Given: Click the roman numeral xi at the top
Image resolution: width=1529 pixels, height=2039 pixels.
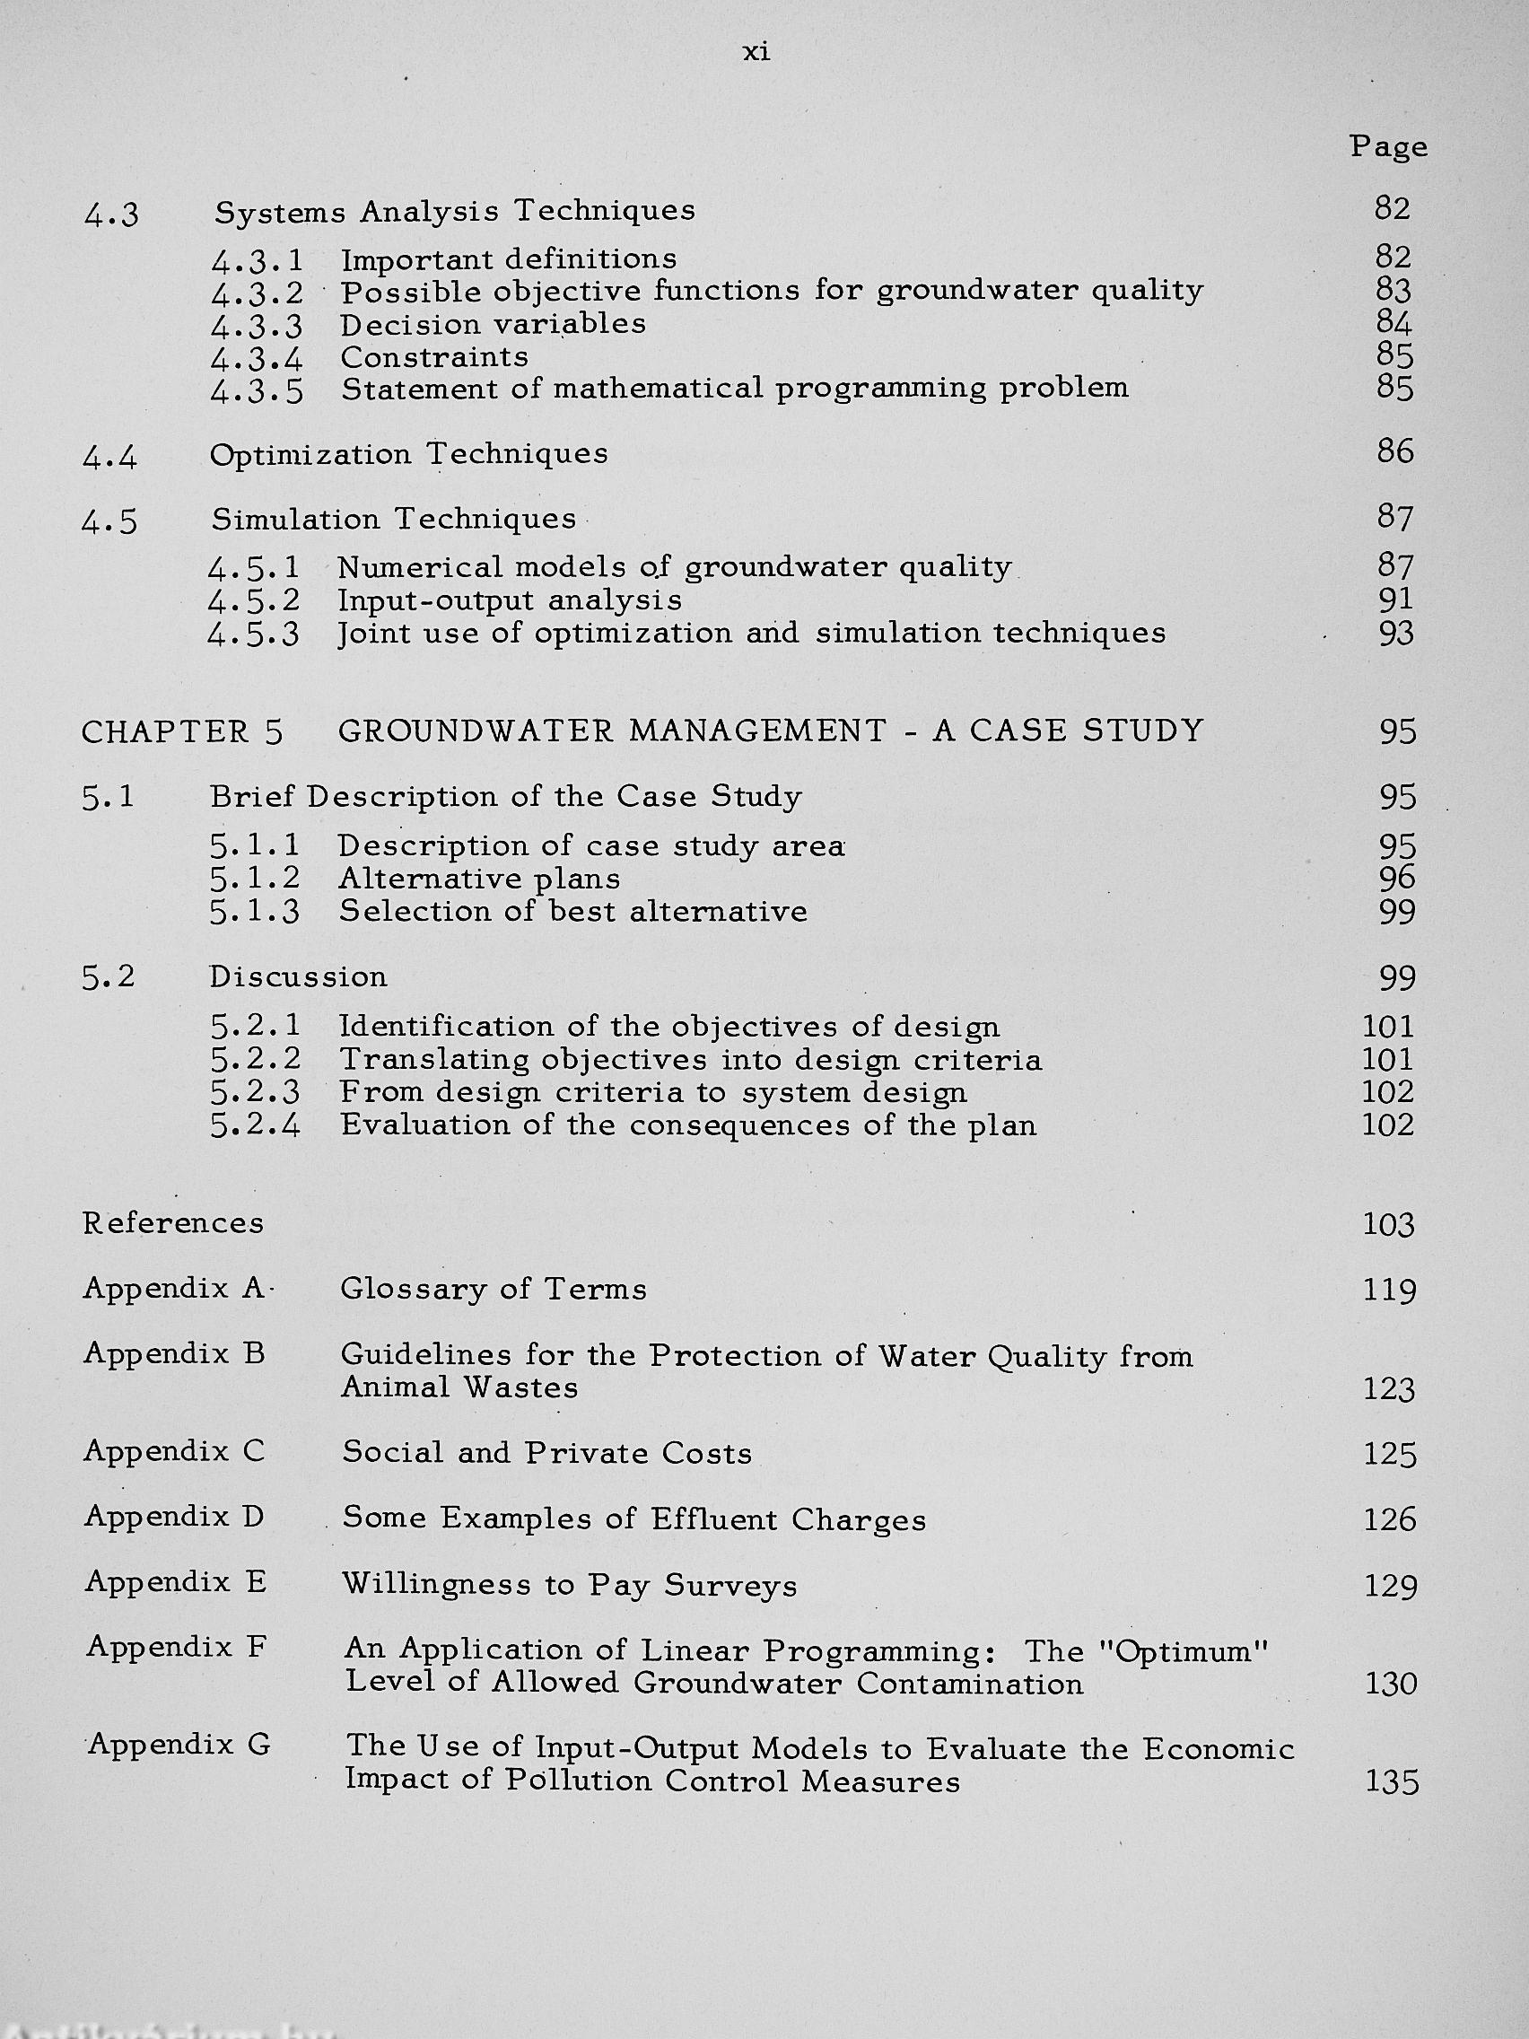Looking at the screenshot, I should pos(756,54).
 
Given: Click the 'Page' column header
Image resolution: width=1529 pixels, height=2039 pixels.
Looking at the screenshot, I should pos(1389,146).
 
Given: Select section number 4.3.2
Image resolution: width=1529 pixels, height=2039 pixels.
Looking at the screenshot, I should pos(258,294).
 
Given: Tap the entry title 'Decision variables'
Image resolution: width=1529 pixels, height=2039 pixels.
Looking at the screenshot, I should pos(494,325).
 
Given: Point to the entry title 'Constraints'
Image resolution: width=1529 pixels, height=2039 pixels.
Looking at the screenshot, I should pos(434,356).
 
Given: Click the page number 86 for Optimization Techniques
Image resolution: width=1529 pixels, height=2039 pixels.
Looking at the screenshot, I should pos(1394,451).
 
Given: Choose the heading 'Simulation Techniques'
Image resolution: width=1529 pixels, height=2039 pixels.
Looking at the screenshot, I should pos(394,519).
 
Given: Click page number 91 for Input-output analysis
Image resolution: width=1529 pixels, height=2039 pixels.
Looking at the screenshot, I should pos(1395,600).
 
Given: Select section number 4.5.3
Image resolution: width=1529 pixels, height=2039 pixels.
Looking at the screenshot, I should pos(254,635).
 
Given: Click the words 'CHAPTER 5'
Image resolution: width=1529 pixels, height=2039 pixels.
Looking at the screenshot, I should pos(182,732).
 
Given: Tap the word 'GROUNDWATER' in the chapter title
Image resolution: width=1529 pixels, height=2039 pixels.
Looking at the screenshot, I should pos(476,731).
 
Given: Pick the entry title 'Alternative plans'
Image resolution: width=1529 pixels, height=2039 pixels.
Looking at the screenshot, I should pos(478,879).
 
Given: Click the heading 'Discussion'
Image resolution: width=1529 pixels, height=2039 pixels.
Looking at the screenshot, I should pos(298,977).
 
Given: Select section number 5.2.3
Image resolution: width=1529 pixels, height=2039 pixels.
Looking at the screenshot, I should pos(256,1093).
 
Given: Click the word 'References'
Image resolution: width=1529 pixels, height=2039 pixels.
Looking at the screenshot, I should pos(173,1223).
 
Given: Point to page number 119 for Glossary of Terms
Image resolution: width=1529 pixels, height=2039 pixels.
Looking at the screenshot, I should pos(1389,1291).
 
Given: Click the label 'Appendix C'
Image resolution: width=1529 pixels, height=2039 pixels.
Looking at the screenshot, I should pos(174,1452).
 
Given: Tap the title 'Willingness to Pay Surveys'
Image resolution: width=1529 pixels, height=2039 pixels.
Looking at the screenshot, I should pos(569,1585).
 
